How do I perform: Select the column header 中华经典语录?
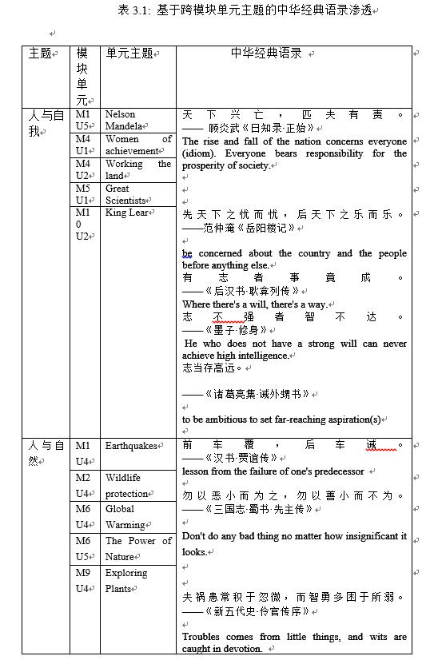pos(267,54)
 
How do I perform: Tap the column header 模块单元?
pos(82,77)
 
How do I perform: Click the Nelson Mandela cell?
pos(125,120)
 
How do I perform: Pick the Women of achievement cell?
pos(137,145)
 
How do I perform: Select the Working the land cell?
pos(137,169)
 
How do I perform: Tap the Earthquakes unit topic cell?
pos(130,446)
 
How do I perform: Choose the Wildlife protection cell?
pos(127,486)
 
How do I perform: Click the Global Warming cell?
pos(127,517)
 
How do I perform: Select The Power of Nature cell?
pos(137,549)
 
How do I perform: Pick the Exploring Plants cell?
pos(127,581)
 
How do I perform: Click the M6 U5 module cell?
pos(83,549)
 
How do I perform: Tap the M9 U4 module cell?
pos(83,581)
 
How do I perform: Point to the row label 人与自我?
pos(46,124)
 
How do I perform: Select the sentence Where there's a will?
pos(254,304)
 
